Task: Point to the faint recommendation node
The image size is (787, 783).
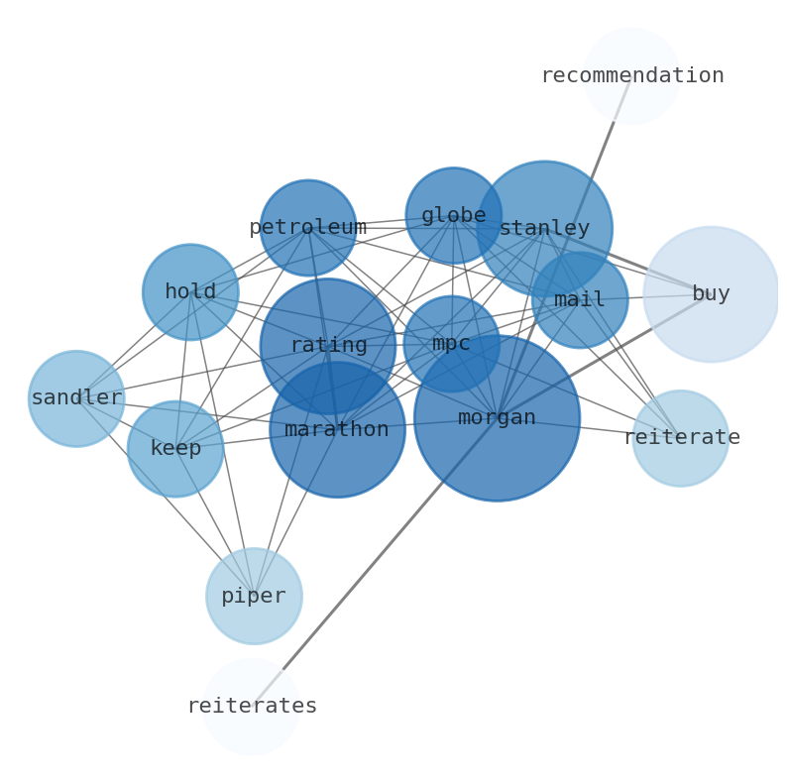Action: pyautogui.click(x=631, y=50)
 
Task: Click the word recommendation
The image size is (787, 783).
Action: pyautogui.click(x=631, y=76)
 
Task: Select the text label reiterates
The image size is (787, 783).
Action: pyautogui.click(x=252, y=707)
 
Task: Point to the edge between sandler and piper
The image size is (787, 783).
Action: pyautogui.click(x=166, y=497)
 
